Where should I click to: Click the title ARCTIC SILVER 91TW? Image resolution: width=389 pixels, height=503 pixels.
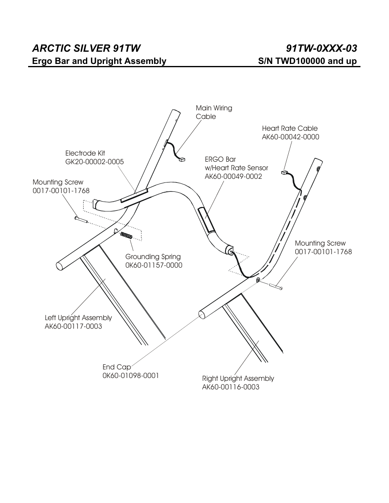click(86, 48)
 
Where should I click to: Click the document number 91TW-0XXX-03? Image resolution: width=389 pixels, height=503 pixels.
click(321, 48)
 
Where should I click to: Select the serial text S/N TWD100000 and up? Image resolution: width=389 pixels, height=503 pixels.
click(307, 61)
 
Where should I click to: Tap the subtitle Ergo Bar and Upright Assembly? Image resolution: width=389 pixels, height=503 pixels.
click(99, 61)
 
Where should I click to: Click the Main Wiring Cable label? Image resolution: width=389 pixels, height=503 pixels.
click(214, 112)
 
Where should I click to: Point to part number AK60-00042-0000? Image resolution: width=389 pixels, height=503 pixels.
click(290, 137)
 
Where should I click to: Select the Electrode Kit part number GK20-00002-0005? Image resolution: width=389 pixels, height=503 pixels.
click(94, 162)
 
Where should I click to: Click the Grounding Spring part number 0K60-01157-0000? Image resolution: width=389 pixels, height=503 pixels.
click(154, 265)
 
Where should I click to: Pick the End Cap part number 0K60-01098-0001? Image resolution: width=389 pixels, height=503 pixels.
click(130, 376)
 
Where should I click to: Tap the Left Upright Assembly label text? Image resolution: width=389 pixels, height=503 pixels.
click(78, 318)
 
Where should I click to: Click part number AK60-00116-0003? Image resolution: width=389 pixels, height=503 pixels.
click(230, 387)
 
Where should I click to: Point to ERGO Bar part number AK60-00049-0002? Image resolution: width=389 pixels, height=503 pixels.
click(233, 176)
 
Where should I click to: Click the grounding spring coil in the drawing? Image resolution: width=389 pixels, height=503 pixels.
click(127, 235)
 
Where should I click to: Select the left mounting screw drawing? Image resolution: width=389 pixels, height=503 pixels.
click(81, 220)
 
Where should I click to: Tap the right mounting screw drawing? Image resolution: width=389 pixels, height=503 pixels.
click(276, 287)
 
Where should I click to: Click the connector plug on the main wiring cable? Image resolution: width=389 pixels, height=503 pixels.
click(182, 160)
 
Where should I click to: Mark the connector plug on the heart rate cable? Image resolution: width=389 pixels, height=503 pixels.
click(285, 173)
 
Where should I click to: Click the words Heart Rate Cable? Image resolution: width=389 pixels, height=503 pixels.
click(290, 128)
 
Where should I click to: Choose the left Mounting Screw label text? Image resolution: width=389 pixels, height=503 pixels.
click(58, 182)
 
